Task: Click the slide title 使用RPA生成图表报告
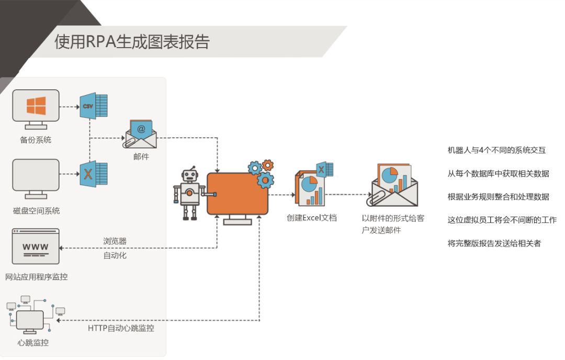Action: click(132, 42)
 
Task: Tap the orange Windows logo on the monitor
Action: click(36, 105)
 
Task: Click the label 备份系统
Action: click(36, 140)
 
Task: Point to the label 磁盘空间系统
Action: click(36, 211)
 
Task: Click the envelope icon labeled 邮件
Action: click(141, 134)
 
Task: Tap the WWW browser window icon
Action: click(36, 246)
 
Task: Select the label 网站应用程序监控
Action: click(36, 277)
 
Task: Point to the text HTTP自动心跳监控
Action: click(121, 328)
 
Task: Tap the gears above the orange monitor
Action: click(262, 173)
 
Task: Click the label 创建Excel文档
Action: click(312, 218)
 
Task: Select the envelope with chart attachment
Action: click(394, 186)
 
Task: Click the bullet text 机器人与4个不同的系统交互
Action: click(496, 150)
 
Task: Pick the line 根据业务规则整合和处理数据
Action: click(498, 197)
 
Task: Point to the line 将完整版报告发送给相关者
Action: click(494, 243)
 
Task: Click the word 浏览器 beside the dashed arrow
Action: click(115, 241)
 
